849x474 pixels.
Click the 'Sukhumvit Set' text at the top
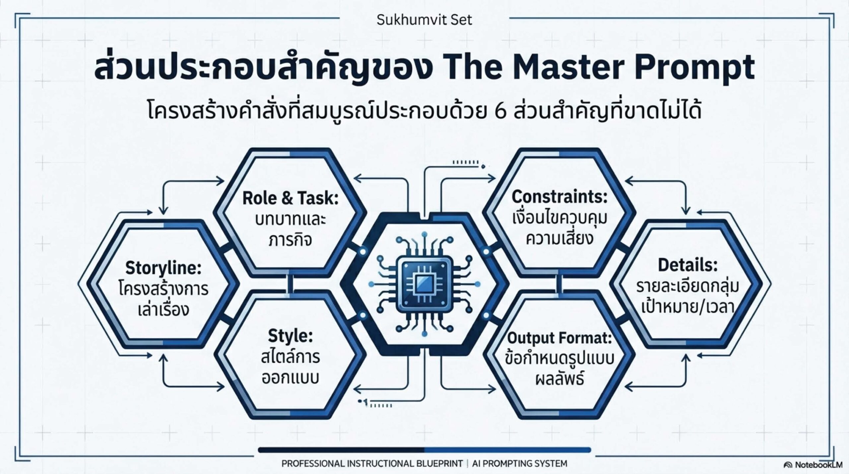(x=424, y=20)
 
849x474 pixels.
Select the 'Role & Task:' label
(x=291, y=198)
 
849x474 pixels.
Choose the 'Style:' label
(x=291, y=336)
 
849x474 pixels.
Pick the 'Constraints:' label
(x=559, y=197)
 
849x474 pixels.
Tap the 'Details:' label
(x=688, y=265)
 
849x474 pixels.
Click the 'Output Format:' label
(x=559, y=338)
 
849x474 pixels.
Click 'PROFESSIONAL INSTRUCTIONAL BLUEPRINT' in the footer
(x=372, y=463)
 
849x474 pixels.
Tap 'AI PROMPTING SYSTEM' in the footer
(x=520, y=463)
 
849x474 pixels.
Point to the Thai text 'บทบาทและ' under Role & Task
(x=291, y=219)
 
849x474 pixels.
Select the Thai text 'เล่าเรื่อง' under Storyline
(x=163, y=309)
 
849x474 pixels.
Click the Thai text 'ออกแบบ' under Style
(x=291, y=378)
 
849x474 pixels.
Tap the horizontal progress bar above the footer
(x=424, y=450)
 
